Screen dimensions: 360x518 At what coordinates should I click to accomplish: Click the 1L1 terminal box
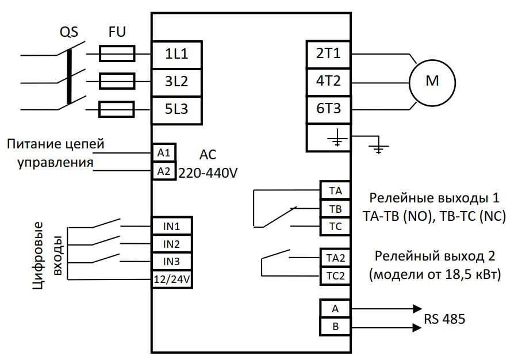tap(177, 54)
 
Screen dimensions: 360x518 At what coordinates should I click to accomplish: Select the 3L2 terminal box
tap(177, 81)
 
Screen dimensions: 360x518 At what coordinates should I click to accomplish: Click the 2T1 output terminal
tap(328, 54)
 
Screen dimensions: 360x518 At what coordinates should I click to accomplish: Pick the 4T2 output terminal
tap(328, 81)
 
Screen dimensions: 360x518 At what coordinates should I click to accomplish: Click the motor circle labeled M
tap(432, 81)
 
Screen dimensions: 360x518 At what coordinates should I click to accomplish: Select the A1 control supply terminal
tap(164, 153)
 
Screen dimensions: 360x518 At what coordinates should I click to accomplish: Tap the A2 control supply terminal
tap(164, 171)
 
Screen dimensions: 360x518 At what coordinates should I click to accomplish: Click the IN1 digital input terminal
tap(171, 226)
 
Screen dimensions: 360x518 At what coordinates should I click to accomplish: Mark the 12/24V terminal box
tap(171, 279)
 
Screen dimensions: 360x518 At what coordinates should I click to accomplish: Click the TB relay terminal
tap(334, 208)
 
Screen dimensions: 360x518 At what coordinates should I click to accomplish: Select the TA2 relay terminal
tap(334, 257)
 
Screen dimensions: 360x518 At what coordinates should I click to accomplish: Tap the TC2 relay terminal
tap(334, 275)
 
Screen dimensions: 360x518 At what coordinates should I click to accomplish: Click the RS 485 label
tap(445, 318)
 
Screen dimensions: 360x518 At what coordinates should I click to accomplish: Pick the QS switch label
tap(68, 31)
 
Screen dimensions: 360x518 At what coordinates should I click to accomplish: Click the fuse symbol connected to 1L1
tap(117, 54)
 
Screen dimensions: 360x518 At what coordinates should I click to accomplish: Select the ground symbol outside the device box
tap(377, 149)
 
